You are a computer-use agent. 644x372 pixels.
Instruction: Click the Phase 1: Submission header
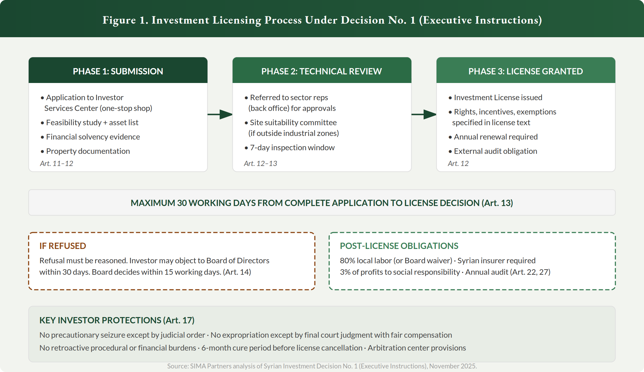(118, 71)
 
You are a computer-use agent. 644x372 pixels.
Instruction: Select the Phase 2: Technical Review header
(321, 71)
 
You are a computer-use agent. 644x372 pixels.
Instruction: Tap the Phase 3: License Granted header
(526, 71)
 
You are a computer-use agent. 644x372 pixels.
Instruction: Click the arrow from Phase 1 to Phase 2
(220, 114)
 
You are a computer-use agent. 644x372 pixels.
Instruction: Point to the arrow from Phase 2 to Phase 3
(424, 114)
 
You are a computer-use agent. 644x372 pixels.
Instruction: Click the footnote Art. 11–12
(56, 163)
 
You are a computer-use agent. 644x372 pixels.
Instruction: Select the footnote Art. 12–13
(260, 163)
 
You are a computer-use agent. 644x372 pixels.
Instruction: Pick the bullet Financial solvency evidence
(93, 137)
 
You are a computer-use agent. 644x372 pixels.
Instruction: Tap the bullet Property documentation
(88, 151)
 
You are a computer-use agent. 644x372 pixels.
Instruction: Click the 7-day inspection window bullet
(292, 147)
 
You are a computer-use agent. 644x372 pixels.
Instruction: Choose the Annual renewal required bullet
(495, 137)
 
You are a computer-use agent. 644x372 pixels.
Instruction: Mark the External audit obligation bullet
(495, 151)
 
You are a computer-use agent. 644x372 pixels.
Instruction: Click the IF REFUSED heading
(63, 246)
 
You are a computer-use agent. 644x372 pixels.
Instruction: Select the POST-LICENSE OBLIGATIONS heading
(399, 246)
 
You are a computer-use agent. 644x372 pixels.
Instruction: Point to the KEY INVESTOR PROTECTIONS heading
(117, 320)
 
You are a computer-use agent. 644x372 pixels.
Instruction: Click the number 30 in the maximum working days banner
(182, 203)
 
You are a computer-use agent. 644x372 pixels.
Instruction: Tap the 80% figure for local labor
(347, 260)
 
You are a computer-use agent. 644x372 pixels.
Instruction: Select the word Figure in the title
(119, 20)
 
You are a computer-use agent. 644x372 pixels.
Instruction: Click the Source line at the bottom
(322, 366)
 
